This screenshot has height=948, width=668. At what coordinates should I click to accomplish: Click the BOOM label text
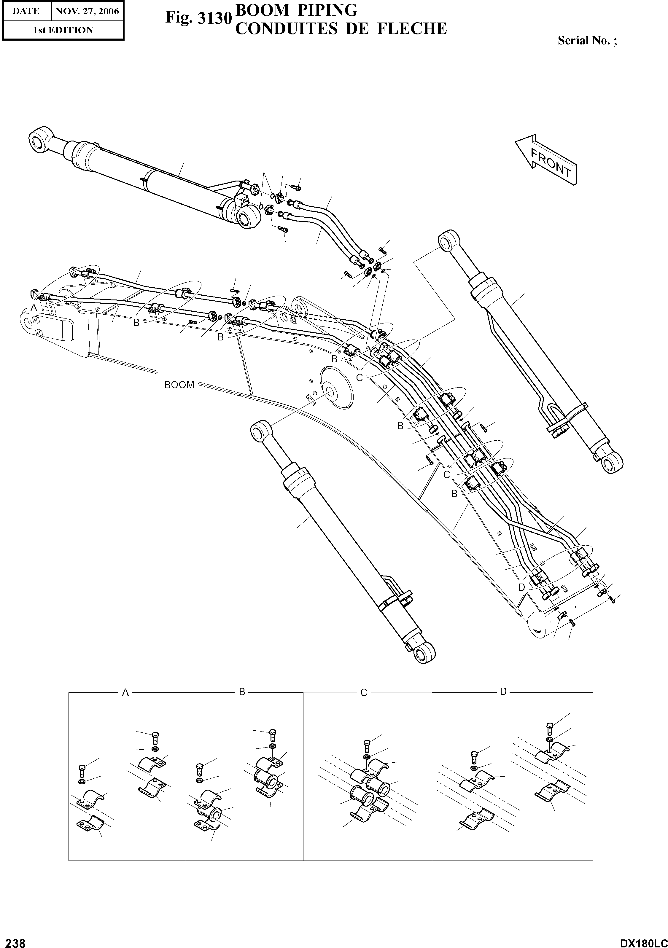point(179,385)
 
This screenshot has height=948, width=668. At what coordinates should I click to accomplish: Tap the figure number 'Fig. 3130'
point(197,18)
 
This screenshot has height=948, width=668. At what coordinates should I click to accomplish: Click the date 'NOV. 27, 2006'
point(87,11)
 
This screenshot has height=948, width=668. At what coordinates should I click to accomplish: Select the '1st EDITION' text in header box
point(63,30)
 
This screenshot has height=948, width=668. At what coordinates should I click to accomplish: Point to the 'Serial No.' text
point(587,40)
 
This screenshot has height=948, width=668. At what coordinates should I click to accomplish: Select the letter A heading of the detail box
point(125,693)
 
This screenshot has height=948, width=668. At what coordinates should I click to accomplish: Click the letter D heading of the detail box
point(503,692)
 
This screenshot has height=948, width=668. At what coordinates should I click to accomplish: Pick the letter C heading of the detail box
point(364,693)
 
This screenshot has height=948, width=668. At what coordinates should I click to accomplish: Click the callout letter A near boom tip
point(34,307)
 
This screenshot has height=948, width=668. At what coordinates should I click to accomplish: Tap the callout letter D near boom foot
point(521,587)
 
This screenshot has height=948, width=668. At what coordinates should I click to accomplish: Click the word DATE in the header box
point(26,11)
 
